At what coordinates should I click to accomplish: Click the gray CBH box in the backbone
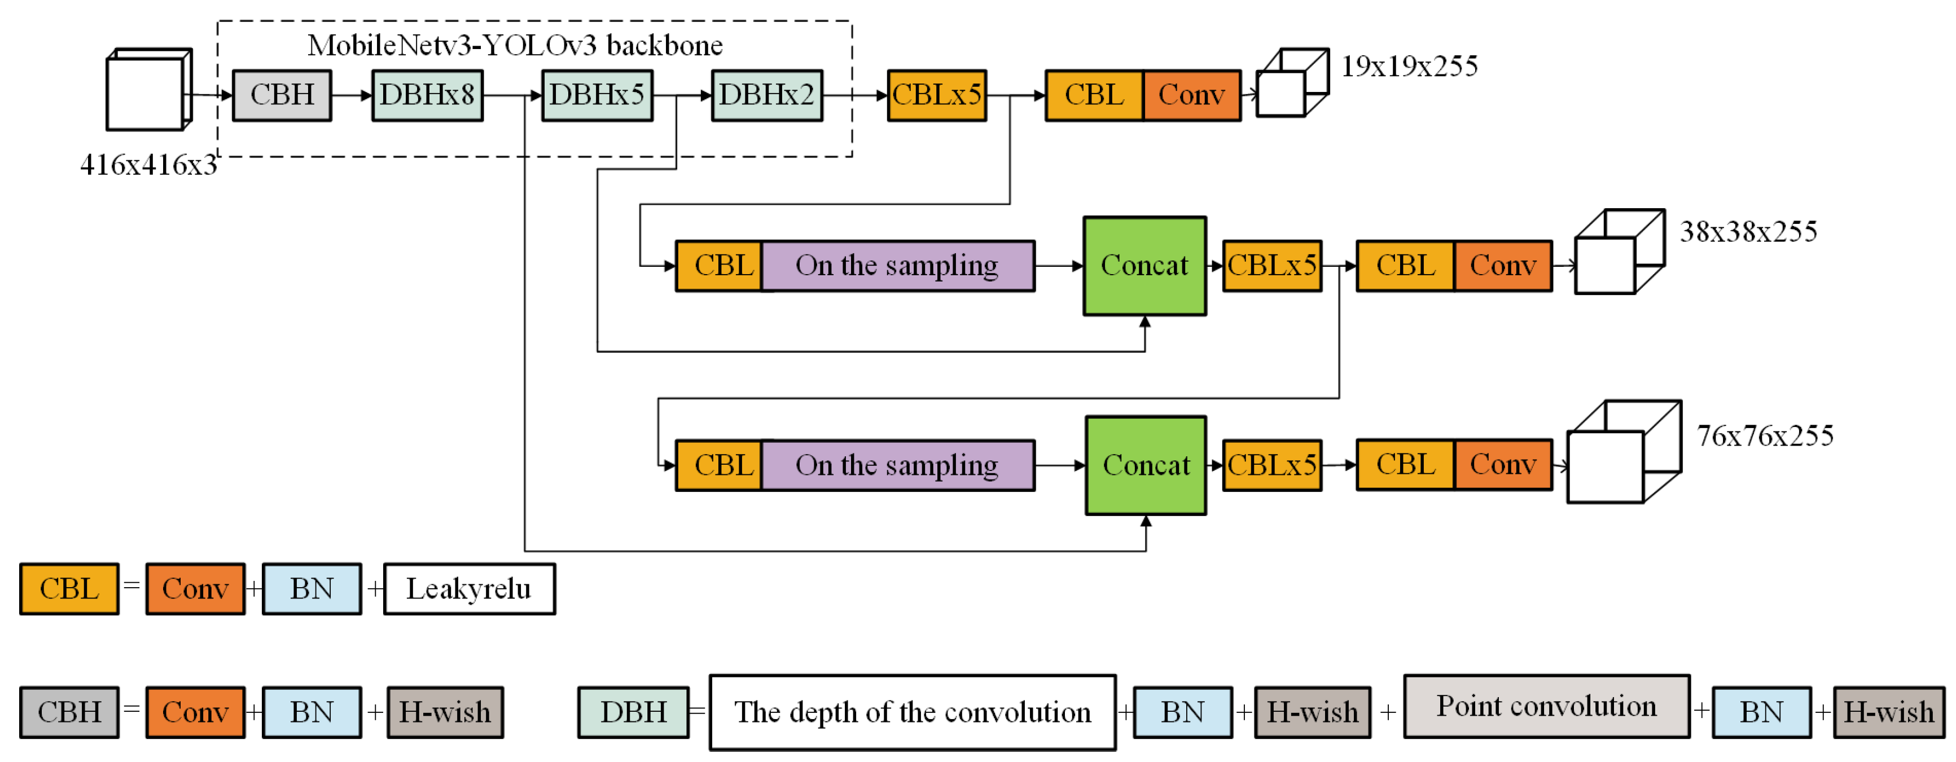click(x=282, y=96)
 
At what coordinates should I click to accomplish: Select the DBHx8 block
click(x=427, y=96)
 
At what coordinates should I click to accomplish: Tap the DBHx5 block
click(x=597, y=96)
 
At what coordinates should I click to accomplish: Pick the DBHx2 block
click(x=766, y=96)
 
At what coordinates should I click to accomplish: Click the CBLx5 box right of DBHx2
click(x=936, y=96)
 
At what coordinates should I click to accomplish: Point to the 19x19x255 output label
click(x=1409, y=67)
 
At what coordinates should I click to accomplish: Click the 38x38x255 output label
click(x=1748, y=231)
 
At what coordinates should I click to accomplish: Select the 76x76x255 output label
click(x=1765, y=435)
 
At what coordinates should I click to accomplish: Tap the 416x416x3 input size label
click(x=148, y=165)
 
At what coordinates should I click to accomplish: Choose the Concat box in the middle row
click(x=1144, y=266)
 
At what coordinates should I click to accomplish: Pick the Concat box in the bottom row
click(x=1145, y=465)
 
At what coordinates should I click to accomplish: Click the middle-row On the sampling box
click(x=897, y=266)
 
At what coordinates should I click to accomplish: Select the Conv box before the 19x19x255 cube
click(x=1191, y=96)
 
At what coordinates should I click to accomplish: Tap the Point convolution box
click(x=1546, y=707)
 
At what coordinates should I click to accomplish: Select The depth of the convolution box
click(x=912, y=712)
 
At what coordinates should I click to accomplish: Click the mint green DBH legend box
click(x=633, y=712)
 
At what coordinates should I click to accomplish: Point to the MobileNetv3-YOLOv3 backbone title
click(x=515, y=46)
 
